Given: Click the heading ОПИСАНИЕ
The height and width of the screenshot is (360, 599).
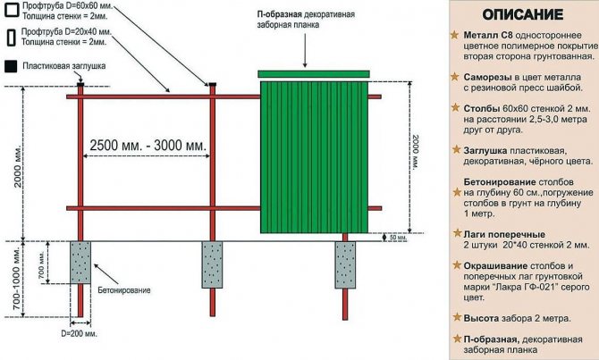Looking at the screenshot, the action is [x=523, y=14].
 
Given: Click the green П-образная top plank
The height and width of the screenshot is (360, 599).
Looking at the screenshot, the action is [x=314, y=73].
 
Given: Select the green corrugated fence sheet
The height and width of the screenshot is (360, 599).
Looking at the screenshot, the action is [x=314, y=157].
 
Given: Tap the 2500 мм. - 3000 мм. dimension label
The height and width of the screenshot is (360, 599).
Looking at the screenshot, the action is [x=148, y=145].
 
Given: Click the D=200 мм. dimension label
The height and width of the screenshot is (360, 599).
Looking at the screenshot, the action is [x=79, y=333].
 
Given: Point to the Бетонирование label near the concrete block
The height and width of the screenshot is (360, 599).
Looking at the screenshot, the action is [x=124, y=290].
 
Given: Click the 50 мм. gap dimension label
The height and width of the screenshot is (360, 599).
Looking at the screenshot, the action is [x=398, y=238].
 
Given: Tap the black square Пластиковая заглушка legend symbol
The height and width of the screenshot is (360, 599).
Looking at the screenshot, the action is [x=11, y=66].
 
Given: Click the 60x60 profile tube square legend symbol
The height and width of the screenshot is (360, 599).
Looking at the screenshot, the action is [x=12, y=10].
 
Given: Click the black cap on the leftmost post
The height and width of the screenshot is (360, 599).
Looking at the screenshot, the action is [x=80, y=84].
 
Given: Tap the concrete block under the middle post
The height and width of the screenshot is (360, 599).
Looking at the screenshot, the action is [x=212, y=264].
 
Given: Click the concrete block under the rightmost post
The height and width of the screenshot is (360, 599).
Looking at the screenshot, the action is [x=345, y=264].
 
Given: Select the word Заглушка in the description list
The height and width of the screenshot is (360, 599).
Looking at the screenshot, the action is [x=485, y=151].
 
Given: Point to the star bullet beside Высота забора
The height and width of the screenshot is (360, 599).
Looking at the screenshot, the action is [x=457, y=317].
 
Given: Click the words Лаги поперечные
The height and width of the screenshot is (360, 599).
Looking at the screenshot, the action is [x=504, y=234].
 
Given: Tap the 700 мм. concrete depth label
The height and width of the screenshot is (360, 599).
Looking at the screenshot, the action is [x=42, y=263].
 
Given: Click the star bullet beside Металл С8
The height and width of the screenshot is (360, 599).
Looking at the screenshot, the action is [x=454, y=35].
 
